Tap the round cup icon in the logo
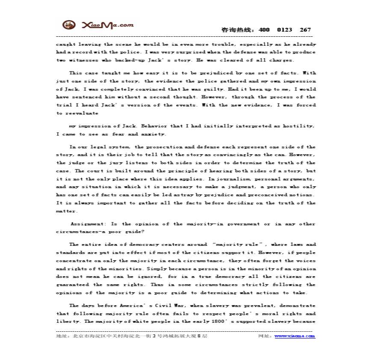(67, 25)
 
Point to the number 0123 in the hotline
(284, 30)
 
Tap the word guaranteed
(71, 285)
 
